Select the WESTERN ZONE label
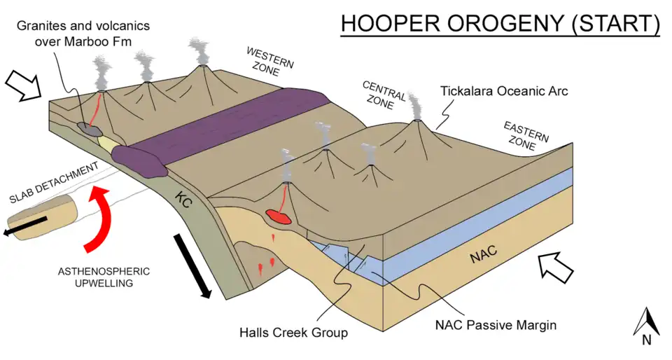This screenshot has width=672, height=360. click(268, 62)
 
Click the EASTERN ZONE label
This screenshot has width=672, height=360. click(525, 136)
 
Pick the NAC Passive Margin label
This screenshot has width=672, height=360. click(496, 325)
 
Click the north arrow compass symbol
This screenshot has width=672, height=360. click(646, 326)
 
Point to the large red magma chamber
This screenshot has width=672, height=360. click(279, 218)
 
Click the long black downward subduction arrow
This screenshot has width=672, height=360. click(191, 265)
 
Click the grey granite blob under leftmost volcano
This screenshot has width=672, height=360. click(90, 128)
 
